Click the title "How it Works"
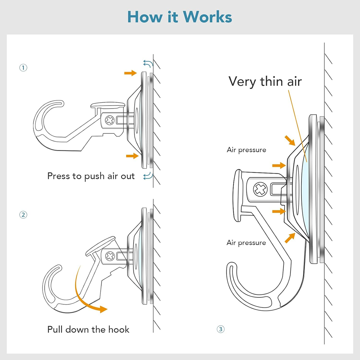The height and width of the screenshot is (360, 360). [180, 17]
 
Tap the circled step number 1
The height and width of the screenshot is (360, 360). [23, 68]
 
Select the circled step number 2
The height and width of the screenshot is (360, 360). [23, 215]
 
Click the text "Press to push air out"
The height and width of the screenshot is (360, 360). [91, 176]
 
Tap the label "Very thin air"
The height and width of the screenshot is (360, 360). [265, 81]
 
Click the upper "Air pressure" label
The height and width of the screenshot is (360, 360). [246, 150]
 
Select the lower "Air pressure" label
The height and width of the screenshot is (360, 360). [246, 242]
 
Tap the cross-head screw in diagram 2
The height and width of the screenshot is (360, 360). [110, 256]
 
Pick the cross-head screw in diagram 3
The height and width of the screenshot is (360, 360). [260, 190]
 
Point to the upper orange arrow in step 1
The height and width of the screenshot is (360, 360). [130, 73]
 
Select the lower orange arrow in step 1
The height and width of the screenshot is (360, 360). [132, 155]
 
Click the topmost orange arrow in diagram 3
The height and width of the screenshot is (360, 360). [290, 141]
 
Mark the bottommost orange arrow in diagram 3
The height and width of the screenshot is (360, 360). [290, 238]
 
